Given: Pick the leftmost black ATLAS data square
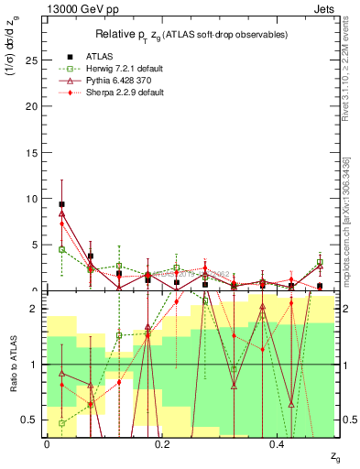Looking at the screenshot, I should [x=61, y=204].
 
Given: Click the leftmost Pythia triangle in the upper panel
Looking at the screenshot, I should [x=61, y=213].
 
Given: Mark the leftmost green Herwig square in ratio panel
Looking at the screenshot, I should [x=61, y=423].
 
